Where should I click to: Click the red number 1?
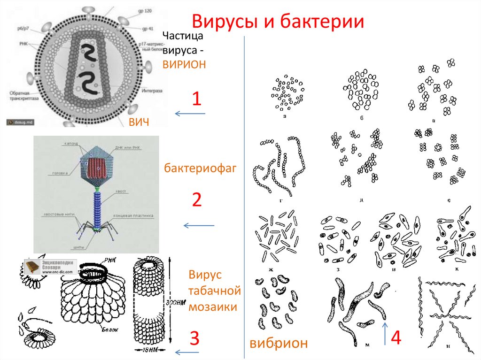pos(196,99)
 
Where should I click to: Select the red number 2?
pos(196,200)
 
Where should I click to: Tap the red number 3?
pos(194,338)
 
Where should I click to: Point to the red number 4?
pos(396,338)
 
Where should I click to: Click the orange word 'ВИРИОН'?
pos(184,64)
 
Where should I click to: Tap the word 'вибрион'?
pos(279,343)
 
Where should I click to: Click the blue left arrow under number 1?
pos(190,114)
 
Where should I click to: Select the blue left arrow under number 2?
pos(198,226)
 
